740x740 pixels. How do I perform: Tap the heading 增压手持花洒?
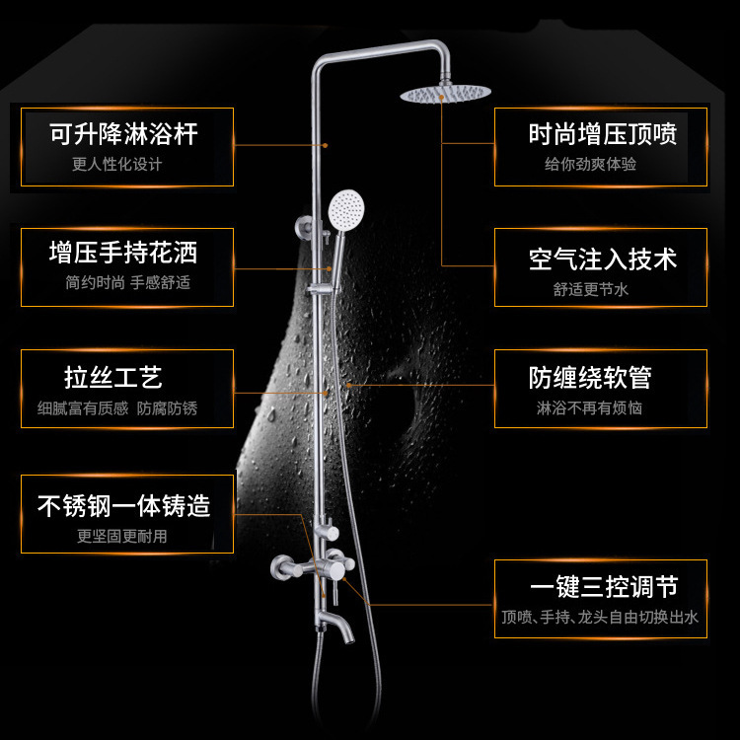point(124,254)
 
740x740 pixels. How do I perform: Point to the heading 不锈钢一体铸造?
point(124,507)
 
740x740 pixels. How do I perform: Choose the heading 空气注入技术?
point(602,259)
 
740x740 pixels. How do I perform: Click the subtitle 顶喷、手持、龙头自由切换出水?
point(600,618)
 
